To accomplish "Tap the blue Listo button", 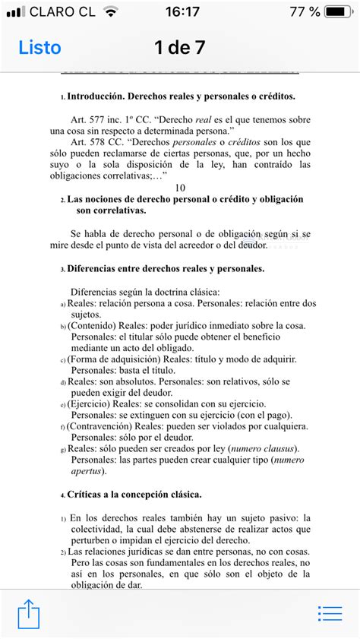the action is point(39,47).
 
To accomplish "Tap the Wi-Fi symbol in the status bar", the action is point(112,12).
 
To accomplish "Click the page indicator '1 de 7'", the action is point(180,47).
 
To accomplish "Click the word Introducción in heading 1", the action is point(95,97).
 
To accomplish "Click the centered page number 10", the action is point(180,187).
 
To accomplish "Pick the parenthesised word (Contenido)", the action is point(91,326).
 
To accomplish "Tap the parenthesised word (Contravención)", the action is point(99,426).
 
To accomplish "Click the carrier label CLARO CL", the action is point(64,12).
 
